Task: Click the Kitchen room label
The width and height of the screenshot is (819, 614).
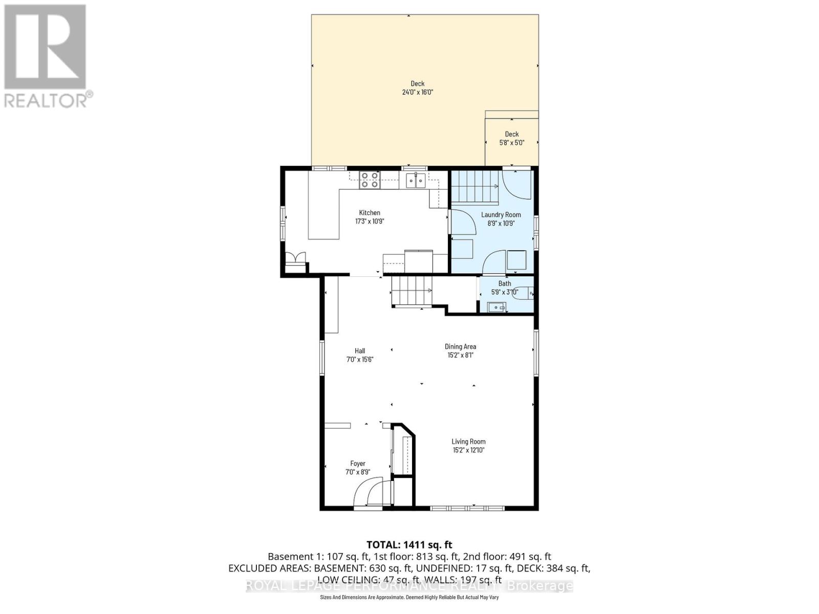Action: pyautogui.click(x=369, y=213)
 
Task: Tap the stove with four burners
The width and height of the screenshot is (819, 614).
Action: pyautogui.click(x=370, y=180)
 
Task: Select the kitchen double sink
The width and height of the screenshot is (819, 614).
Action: pyautogui.click(x=415, y=180)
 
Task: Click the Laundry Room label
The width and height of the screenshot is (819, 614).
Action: pyautogui.click(x=501, y=215)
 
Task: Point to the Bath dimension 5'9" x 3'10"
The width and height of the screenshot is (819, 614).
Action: pyautogui.click(x=504, y=292)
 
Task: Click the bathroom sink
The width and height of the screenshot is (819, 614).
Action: pyautogui.click(x=496, y=307)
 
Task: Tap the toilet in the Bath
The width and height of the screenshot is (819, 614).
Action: pyautogui.click(x=524, y=293)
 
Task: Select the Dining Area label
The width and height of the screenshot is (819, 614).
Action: pyautogui.click(x=460, y=346)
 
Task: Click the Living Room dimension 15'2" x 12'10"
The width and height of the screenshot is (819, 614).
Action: pyautogui.click(x=468, y=450)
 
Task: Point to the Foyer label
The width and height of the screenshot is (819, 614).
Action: pyautogui.click(x=357, y=464)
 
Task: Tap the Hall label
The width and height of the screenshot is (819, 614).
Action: pyautogui.click(x=360, y=351)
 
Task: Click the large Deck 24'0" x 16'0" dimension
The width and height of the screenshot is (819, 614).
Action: pyautogui.click(x=417, y=92)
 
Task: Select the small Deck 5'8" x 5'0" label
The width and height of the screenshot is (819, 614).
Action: pyautogui.click(x=511, y=134)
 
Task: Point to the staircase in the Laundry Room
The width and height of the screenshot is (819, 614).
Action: pyautogui.click(x=473, y=186)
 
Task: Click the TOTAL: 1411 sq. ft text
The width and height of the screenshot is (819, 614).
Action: pyautogui.click(x=409, y=545)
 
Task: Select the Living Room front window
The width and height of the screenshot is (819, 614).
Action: pyautogui.click(x=466, y=508)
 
